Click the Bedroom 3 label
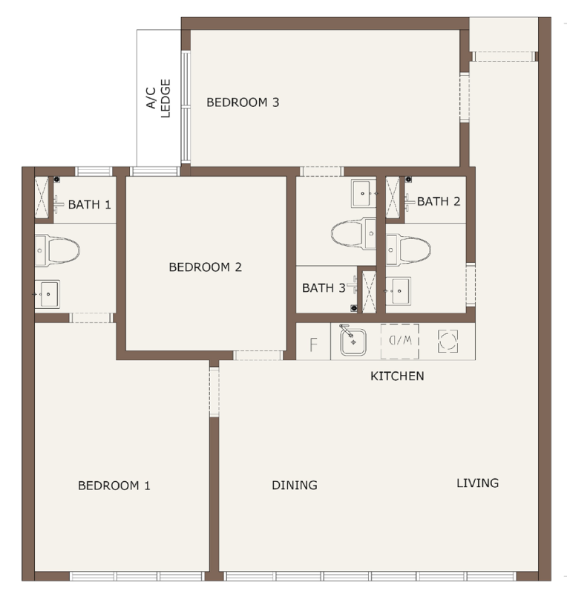(243, 102)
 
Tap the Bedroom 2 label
(205, 267)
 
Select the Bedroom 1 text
(114, 486)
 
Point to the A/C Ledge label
(159, 99)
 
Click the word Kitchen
(397, 376)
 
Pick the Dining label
(295, 485)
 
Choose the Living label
(477, 483)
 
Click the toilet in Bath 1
(57, 250)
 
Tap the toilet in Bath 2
(408, 249)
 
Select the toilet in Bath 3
(353, 233)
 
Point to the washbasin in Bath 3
(364, 194)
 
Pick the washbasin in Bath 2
(399, 291)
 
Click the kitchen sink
(353, 342)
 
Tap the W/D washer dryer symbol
(399, 341)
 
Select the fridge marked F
(313, 345)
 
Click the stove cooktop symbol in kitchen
(448, 341)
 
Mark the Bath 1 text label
(89, 205)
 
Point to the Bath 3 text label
(324, 288)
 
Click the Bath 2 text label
(439, 201)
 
